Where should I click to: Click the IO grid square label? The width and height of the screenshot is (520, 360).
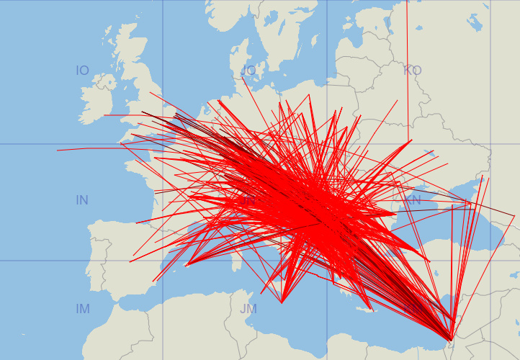[x=83, y=71]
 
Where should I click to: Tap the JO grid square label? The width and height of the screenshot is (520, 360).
[x=248, y=71]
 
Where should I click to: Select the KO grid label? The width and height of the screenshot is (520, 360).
[x=413, y=71]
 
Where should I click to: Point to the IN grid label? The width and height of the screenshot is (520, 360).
[x=83, y=200]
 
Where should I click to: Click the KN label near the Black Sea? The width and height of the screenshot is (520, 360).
[x=413, y=200]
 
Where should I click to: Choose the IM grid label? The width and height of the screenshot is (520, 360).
[x=83, y=309]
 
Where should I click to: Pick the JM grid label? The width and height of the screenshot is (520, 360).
[x=248, y=309]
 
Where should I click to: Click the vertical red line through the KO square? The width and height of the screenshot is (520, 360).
[x=407, y=65]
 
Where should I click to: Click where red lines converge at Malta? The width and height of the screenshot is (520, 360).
[x=282, y=303]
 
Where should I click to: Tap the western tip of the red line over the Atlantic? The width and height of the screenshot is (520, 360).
[x=58, y=150]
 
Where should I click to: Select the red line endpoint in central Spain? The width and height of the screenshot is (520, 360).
[x=130, y=262]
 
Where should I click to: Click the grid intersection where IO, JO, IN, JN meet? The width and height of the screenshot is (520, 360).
[x=163, y=144]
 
